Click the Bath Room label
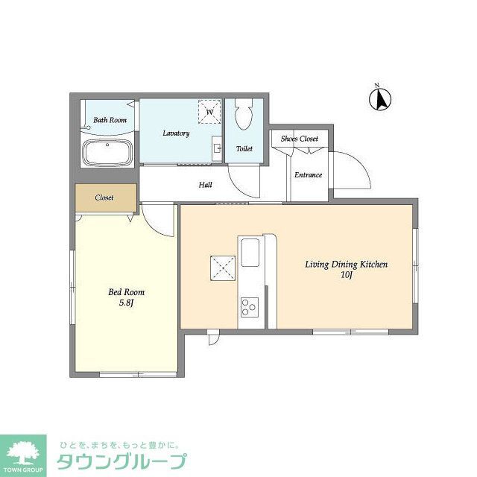110,120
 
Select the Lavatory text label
176,133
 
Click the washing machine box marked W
209,113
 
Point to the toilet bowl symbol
244,116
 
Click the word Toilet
244,149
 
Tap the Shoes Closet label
299,139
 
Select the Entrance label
308,175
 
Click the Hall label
205,185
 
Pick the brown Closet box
105,198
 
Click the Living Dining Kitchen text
346,265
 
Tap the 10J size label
346,275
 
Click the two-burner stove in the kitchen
248,306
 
